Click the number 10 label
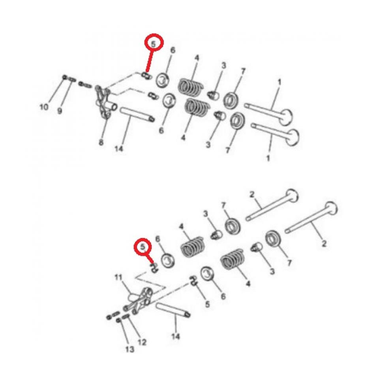pos(43,107)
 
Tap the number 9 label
pos(60,111)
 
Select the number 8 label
pos(101,143)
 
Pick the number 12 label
pos(142,342)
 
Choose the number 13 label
pos(130,349)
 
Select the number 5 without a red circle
pos(207,304)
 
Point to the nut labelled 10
pos(64,78)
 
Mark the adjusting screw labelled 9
pos(72,80)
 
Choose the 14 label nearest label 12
pos(176,336)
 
